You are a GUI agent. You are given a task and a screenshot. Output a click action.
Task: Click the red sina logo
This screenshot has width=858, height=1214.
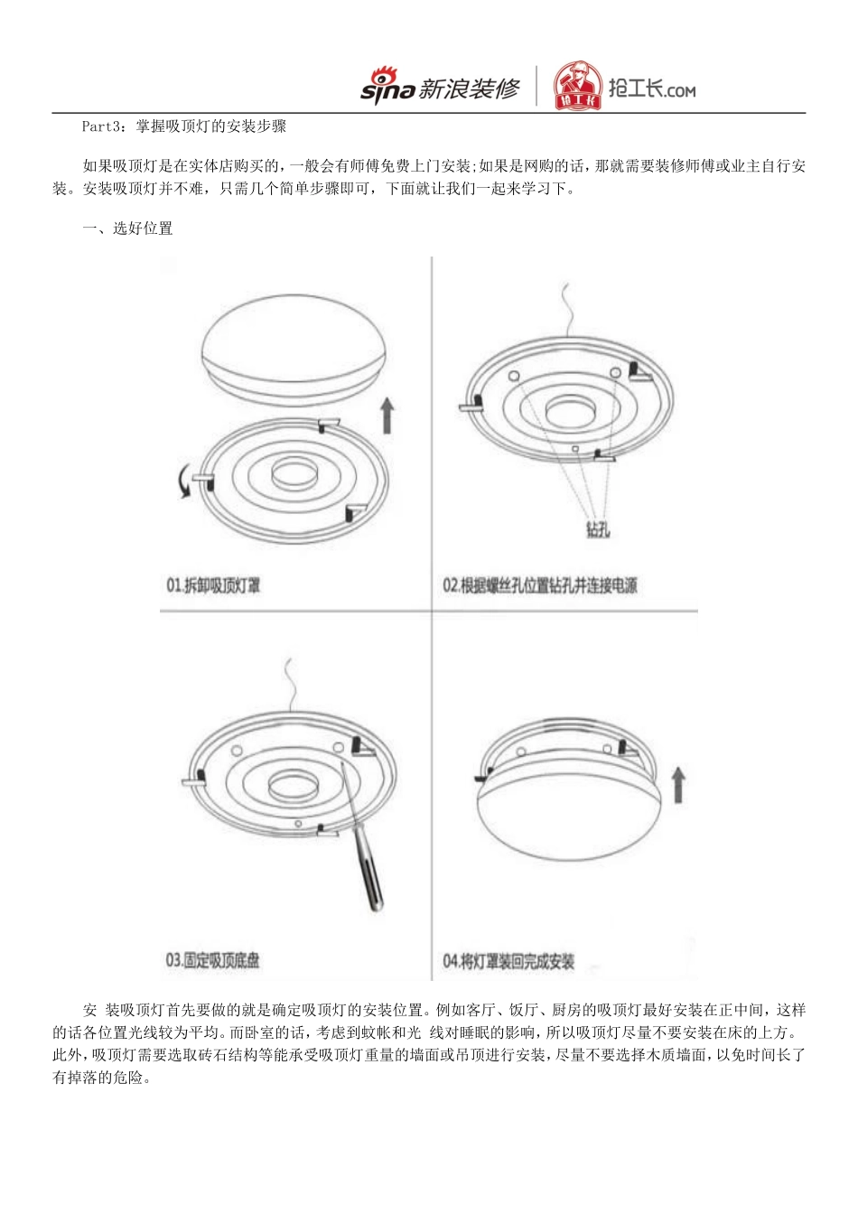pyautogui.click(x=387, y=87)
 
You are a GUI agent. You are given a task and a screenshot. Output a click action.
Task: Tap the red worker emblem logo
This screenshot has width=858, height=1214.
pyautogui.click(x=577, y=86)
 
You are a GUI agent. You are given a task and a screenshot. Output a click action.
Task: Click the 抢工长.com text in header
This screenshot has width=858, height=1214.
pyautogui.click(x=651, y=89)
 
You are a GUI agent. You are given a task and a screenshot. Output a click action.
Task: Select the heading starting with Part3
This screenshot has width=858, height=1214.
pyautogui.click(x=184, y=126)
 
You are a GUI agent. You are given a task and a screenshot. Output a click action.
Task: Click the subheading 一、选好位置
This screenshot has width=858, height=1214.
pyautogui.click(x=127, y=229)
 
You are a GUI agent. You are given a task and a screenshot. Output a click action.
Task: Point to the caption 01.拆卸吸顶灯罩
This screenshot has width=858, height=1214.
pyautogui.click(x=213, y=585)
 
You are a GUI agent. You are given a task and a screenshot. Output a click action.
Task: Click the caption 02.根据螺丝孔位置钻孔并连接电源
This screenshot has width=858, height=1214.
pyautogui.click(x=539, y=585)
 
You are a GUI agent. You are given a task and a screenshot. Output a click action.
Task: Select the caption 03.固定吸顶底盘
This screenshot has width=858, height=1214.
pyautogui.click(x=212, y=960)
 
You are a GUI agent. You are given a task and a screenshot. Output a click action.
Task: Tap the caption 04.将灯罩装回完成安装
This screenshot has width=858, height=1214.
pyautogui.click(x=508, y=961)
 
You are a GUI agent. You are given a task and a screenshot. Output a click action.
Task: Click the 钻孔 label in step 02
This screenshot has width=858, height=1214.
pyautogui.click(x=597, y=529)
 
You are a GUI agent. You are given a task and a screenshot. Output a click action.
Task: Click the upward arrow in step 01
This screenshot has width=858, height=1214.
pyautogui.click(x=387, y=415)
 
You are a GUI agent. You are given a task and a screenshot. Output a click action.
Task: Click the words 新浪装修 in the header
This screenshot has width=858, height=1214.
pyautogui.click(x=470, y=89)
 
